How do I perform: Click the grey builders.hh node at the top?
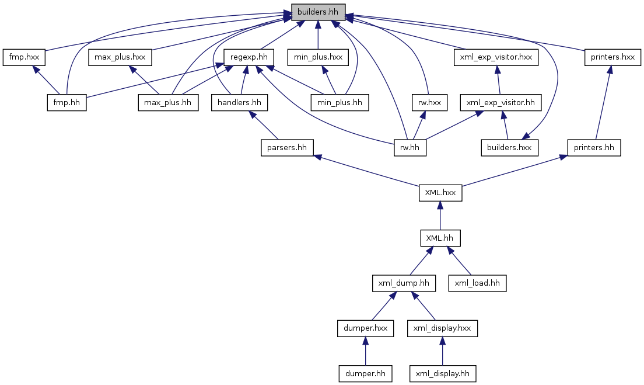pyautogui.click(x=318, y=12)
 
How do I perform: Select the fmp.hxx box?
pyautogui.click(x=24, y=57)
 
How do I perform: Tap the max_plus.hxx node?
pyautogui.click(x=120, y=57)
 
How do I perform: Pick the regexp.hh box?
pyautogui.click(x=249, y=57)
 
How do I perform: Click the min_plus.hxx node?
pyautogui.click(x=318, y=57)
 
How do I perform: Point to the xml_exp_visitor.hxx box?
pyautogui.click(x=496, y=57)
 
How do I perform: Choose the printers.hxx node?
pyautogui.click(x=612, y=57)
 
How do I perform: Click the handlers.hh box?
pyautogui.click(x=239, y=102)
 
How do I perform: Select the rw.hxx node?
pyautogui.click(x=429, y=102)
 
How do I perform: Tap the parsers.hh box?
pyautogui.click(x=287, y=148)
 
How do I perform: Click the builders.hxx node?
pyautogui.click(x=510, y=148)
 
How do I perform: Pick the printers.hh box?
pyautogui.click(x=594, y=148)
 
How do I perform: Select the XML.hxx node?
pyautogui.click(x=440, y=193)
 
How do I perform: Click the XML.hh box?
pyautogui.click(x=440, y=238)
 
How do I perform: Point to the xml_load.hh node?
pyautogui.click(x=477, y=283)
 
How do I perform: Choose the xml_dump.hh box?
pyautogui.click(x=404, y=283)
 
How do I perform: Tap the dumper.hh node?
pyautogui.click(x=365, y=374)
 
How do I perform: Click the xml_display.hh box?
pyautogui.click(x=442, y=374)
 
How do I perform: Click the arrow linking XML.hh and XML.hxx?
pyautogui.click(x=440, y=216)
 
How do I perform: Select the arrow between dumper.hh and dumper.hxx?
pyautogui.click(x=365, y=351)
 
